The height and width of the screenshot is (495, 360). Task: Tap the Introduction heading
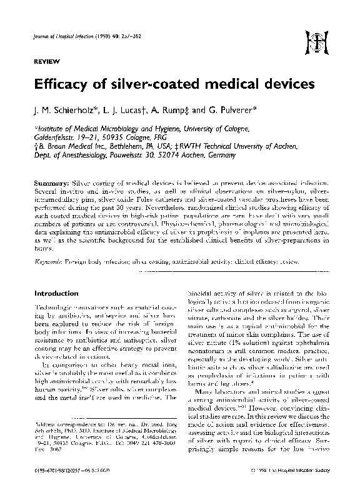tap(56, 292)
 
